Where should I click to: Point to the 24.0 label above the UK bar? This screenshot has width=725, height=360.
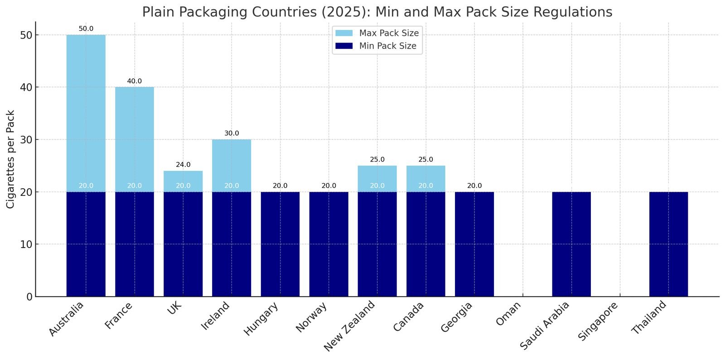(183, 165)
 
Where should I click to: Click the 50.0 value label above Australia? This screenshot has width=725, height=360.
(86, 29)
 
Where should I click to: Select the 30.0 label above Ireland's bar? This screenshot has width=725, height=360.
(232, 133)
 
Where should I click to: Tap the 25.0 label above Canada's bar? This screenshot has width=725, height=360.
(425, 160)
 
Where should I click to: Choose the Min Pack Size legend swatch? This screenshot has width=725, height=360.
(344, 46)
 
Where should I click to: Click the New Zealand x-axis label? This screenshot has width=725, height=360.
(350, 326)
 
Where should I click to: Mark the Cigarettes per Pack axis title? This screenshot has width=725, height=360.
(11, 159)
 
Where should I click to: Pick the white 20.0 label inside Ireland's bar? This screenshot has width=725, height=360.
(232, 186)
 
